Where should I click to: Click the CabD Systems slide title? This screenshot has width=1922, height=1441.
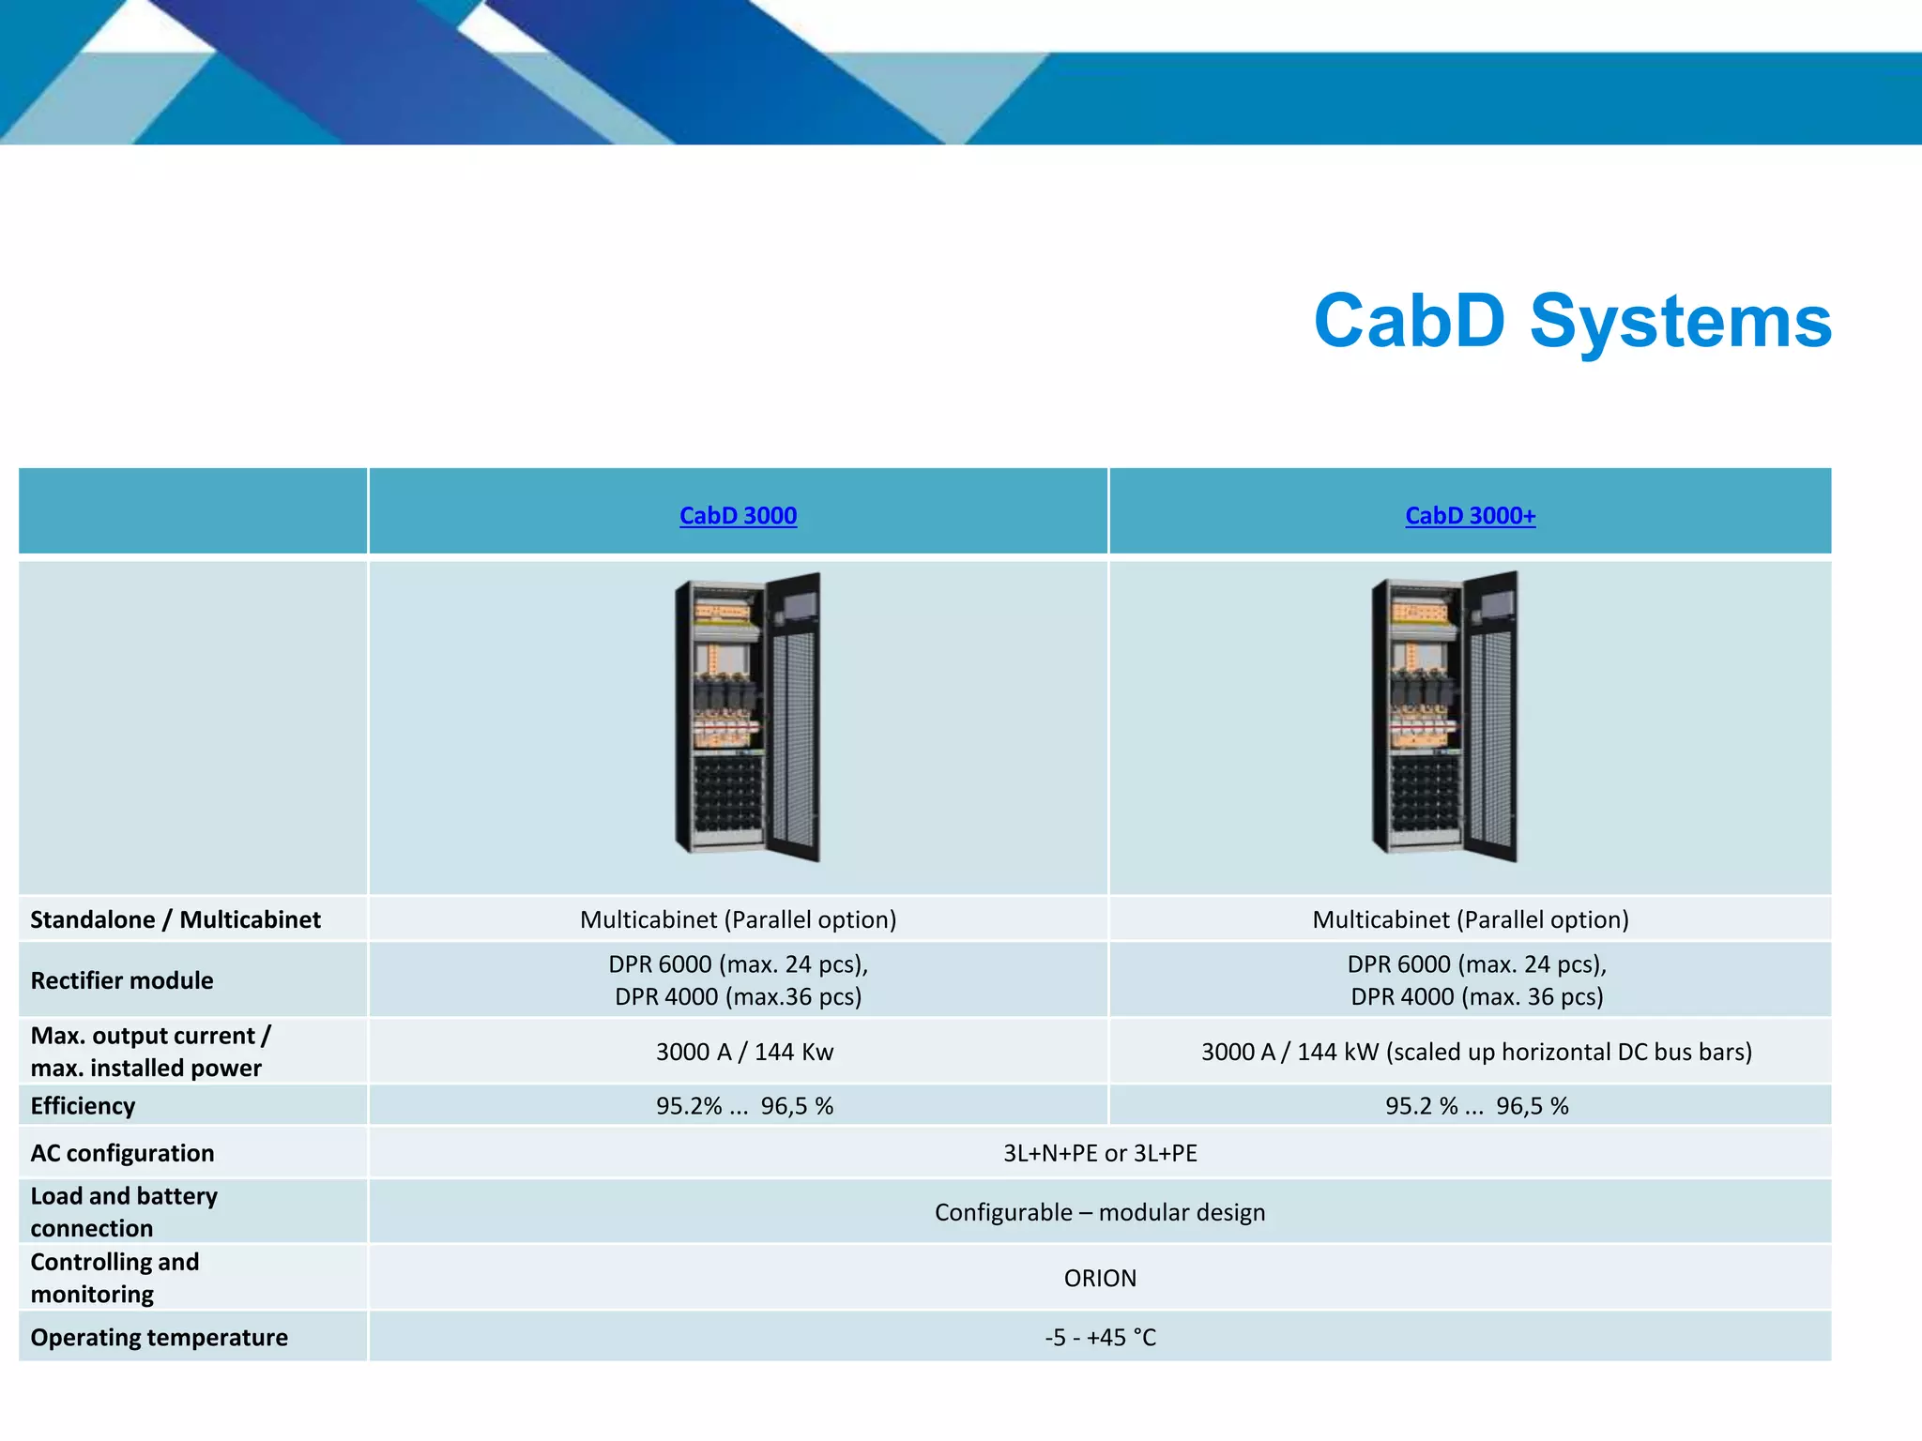coord(1572,322)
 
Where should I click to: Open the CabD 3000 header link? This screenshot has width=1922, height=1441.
coord(738,516)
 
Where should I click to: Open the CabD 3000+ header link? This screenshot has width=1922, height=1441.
coord(1470,516)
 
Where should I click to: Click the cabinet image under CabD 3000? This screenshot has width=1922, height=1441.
coord(748,718)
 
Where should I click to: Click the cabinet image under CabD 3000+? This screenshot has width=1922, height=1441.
coord(1445,718)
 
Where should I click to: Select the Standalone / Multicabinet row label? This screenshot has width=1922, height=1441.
coord(175,919)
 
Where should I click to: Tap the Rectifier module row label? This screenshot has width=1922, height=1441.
coord(122,980)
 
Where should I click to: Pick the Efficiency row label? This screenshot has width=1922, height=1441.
coord(83,1106)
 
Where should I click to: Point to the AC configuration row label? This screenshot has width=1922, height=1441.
coord(122,1153)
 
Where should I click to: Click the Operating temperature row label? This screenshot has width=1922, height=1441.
coord(159,1337)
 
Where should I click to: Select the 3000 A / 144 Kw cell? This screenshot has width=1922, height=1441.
coord(744,1052)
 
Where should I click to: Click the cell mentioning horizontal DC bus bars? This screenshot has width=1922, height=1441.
coord(1476,1052)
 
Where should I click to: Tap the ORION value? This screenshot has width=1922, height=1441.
coord(1100,1278)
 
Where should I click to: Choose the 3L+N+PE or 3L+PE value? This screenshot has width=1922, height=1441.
coord(1100,1153)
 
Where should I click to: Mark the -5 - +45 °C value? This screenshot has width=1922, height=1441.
coord(1100,1337)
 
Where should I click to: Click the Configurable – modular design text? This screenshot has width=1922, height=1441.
coord(1100,1212)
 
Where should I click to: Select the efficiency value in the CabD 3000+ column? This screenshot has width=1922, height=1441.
coord(1476,1106)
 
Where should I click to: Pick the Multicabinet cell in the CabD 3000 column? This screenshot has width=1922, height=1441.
coord(738,919)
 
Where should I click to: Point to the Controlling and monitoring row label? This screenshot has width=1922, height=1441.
coord(114,1278)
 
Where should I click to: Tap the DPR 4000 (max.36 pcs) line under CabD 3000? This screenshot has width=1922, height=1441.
coord(738,996)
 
